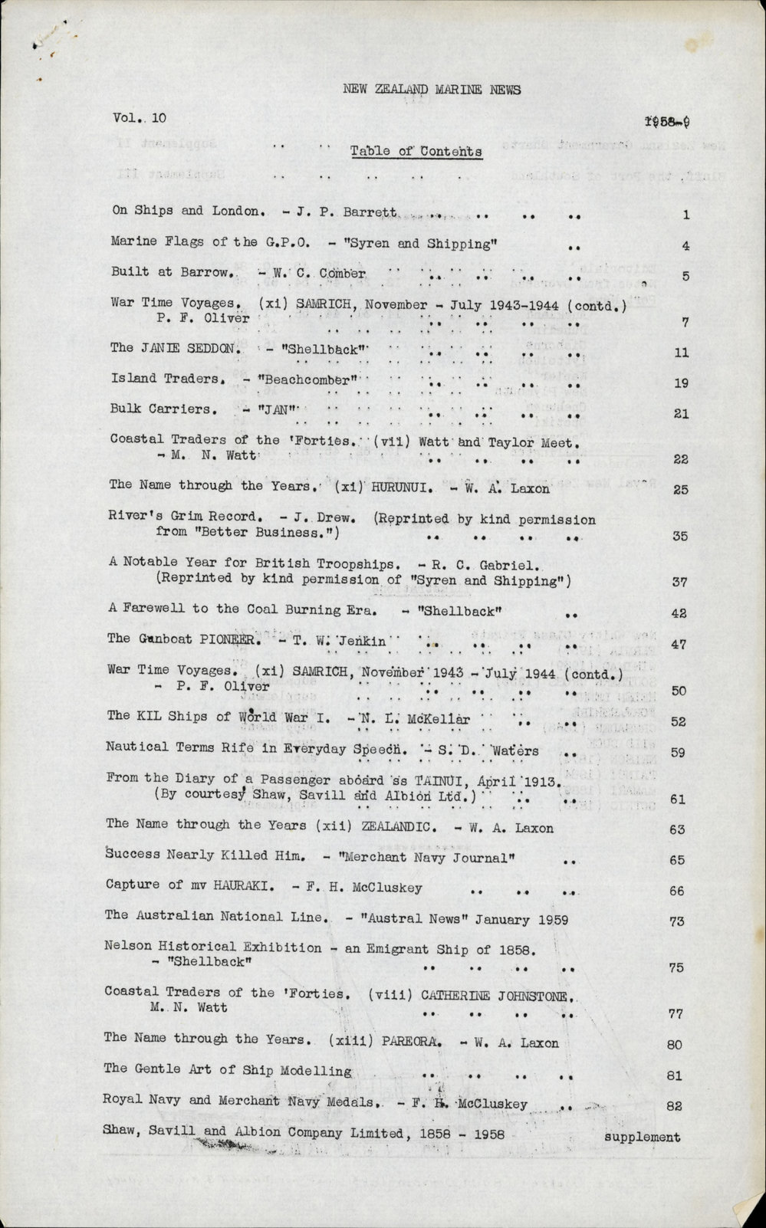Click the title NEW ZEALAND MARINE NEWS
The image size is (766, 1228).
point(431,89)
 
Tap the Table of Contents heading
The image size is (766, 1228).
point(416,151)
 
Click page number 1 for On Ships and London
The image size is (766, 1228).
point(685,215)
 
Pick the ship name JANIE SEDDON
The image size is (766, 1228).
point(186,347)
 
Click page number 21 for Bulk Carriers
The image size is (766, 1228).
point(680,414)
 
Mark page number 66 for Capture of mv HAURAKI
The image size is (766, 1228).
point(677,891)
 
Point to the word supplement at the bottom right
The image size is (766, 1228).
point(642,1137)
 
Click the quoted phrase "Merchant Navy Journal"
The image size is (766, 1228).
point(434,858)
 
